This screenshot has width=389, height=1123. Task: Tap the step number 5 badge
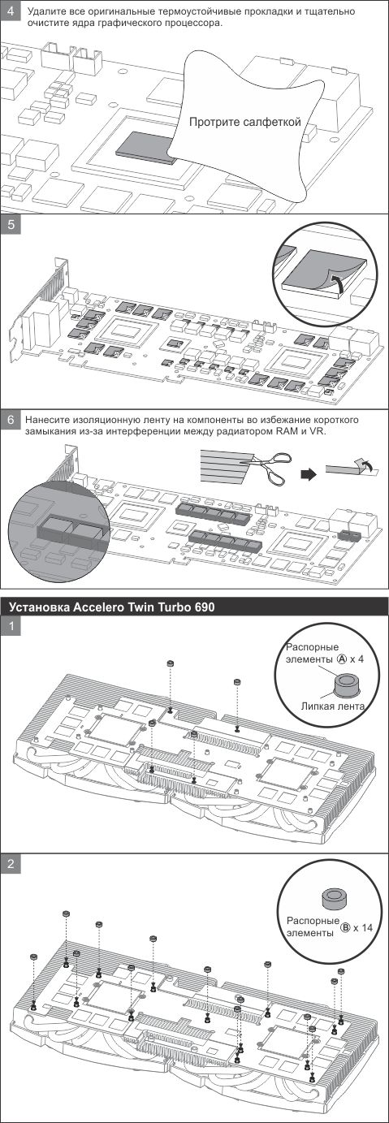11,225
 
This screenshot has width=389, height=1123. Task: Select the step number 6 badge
11,420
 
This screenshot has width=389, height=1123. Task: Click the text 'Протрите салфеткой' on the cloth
244,122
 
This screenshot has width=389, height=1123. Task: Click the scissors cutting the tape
270,465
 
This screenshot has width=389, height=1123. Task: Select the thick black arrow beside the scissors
309,474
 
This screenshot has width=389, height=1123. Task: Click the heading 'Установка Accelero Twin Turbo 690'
112,607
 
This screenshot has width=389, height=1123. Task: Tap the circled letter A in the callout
342,659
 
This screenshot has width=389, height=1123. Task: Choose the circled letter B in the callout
345,928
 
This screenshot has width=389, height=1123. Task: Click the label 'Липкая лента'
332,706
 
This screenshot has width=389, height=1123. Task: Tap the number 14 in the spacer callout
367,928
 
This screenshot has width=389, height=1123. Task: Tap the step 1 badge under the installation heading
11,626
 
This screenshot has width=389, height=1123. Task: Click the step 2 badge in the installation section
11,864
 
